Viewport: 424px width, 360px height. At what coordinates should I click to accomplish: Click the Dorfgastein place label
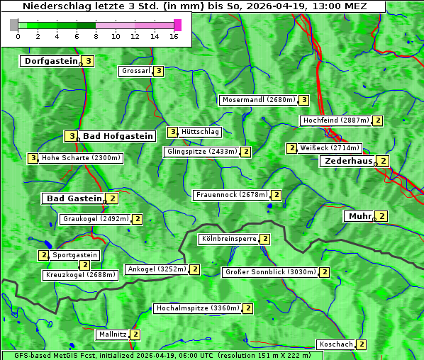[x=50, y=61]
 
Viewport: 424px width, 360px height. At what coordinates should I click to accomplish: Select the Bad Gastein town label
[x=74, y=198]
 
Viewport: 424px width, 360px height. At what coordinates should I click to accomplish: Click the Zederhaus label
[x=348, y=161]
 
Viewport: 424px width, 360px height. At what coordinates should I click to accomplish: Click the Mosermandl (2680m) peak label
[x=258, y=100]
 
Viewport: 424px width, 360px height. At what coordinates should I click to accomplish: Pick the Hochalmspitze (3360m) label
[x=197, y=308]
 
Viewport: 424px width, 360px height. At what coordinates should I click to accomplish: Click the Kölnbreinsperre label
[x=228, y=239]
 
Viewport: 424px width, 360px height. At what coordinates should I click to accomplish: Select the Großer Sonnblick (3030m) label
[x=269, y=271]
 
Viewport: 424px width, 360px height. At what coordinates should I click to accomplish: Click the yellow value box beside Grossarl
[x=159, y=71]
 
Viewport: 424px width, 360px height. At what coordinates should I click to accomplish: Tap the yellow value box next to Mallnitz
[x=135, y=334]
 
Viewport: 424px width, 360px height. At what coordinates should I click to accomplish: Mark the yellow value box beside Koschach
[x=361, y=344]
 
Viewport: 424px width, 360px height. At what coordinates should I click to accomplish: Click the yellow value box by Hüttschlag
[x=172, y=132]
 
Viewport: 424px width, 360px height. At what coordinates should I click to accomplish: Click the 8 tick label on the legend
[x=96, y=36]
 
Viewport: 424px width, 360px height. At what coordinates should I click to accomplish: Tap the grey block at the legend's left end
[x=14, y=25]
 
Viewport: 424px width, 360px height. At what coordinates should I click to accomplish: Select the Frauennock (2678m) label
[x=232, y=195]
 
